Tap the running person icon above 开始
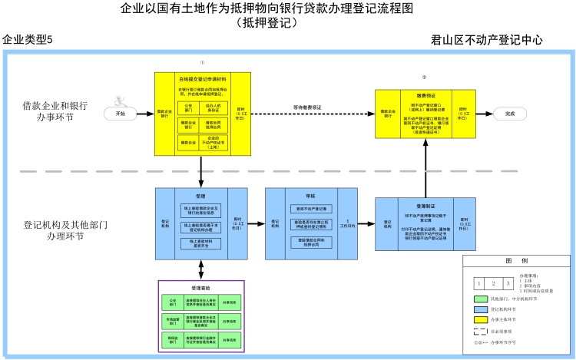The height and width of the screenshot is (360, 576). tap(120, 100)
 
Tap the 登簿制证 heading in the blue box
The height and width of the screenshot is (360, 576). tap(415, 207)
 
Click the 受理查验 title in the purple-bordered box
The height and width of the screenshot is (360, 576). tap(200, 288)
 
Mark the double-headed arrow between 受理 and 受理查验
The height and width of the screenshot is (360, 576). tap(200, 269)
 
